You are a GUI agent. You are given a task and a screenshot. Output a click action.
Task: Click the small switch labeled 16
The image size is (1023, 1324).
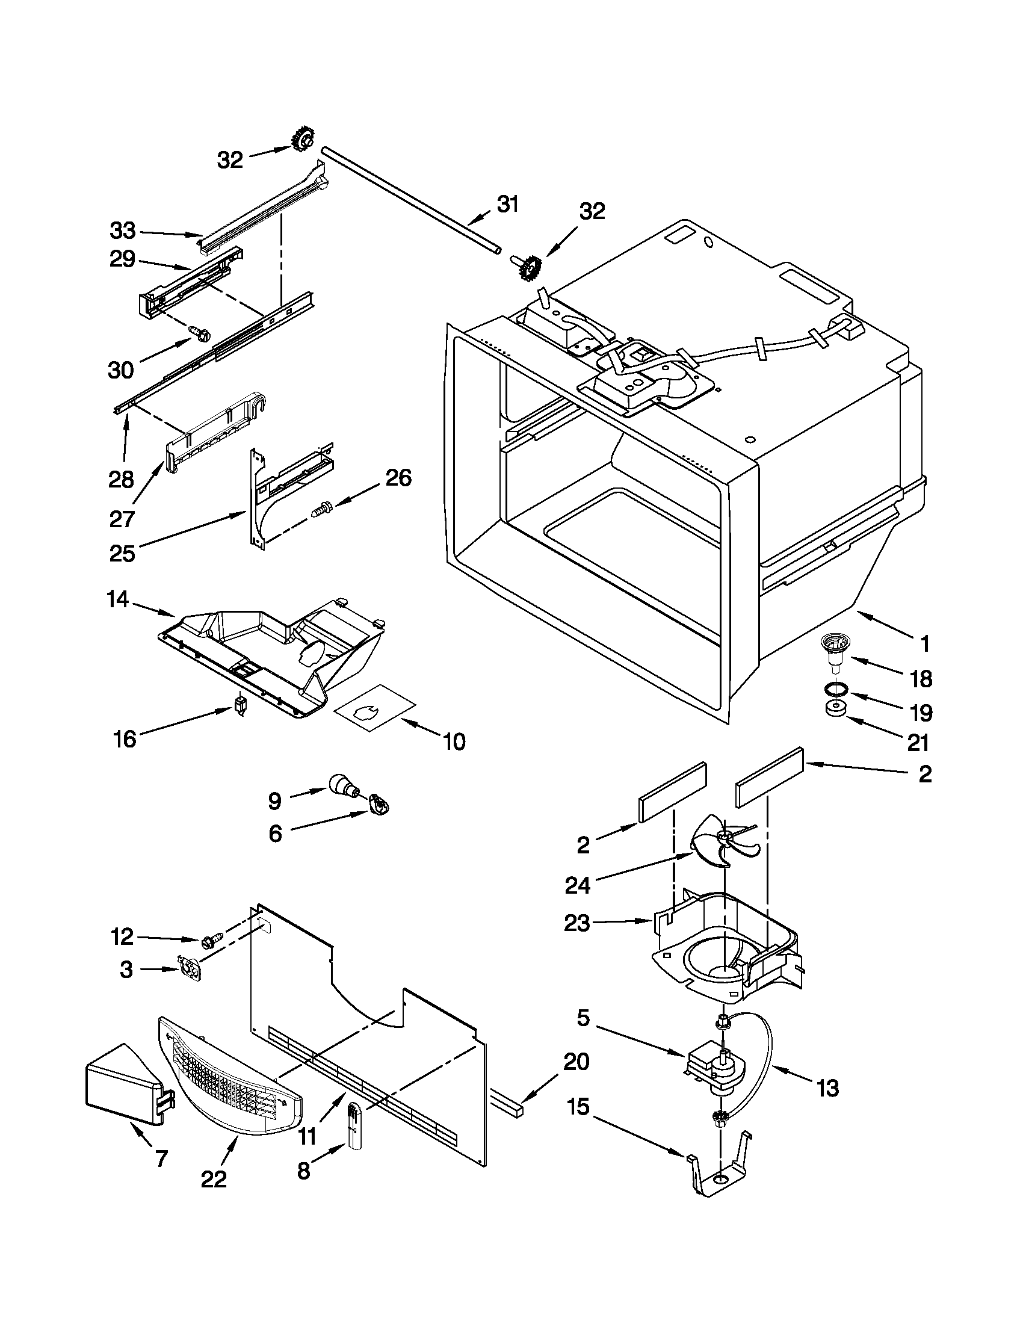click(241, 706)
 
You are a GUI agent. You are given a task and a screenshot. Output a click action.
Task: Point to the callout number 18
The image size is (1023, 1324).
click(921, 678)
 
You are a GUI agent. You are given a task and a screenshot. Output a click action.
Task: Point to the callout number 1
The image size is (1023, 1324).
click(924, 644)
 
